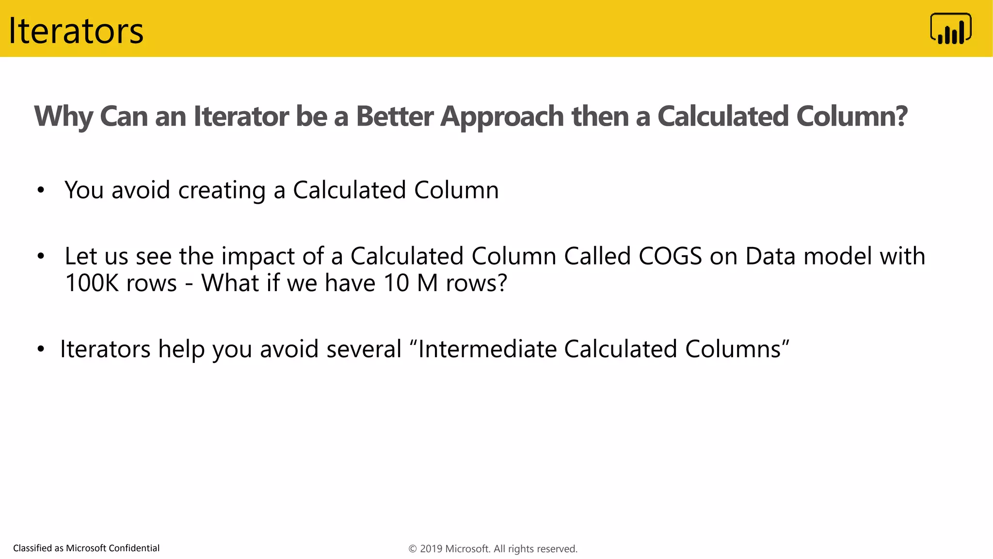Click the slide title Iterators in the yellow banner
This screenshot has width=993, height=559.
click(76, 31)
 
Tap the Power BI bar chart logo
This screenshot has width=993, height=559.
click(950, 29)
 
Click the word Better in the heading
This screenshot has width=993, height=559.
click(395, 116)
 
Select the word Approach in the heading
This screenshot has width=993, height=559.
click(502, 116)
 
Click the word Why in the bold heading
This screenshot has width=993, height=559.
click(63, 116)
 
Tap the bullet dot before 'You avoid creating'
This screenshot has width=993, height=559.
click(41, 190)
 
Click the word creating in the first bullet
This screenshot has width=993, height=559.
click(222, 190)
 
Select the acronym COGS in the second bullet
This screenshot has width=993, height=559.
click(670, 256)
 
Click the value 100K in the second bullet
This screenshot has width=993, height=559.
click(92, 283)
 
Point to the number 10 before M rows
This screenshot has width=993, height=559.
click(396, 283)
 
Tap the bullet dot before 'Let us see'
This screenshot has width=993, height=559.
click(41, 256)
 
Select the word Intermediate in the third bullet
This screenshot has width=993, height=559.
click(487, 349)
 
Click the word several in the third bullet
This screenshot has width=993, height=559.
click(364, 349)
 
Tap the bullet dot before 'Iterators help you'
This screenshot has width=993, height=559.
click(41, 349)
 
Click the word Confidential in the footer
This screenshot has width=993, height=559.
click(134, 548)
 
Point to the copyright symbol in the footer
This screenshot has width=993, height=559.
click(413, 549)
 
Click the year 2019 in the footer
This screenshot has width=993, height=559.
click(431, 549)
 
